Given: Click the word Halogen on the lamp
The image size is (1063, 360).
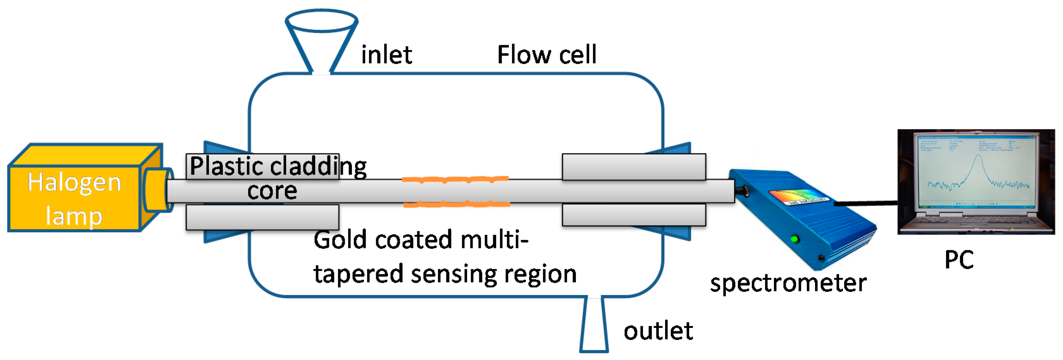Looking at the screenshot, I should pos(74,183).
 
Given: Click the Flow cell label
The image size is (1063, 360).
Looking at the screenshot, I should pos(547,55).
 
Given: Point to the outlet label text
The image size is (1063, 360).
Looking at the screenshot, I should pos(658,331).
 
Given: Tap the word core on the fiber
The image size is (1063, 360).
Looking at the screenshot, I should pos(272,191).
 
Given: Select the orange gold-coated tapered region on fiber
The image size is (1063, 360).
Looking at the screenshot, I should pos(456,191).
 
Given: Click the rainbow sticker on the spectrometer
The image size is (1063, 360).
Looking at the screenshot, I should pos(799,197).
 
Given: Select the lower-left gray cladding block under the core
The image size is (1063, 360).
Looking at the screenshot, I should pos(263,217).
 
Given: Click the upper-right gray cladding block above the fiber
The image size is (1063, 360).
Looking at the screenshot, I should pos(634,167).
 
